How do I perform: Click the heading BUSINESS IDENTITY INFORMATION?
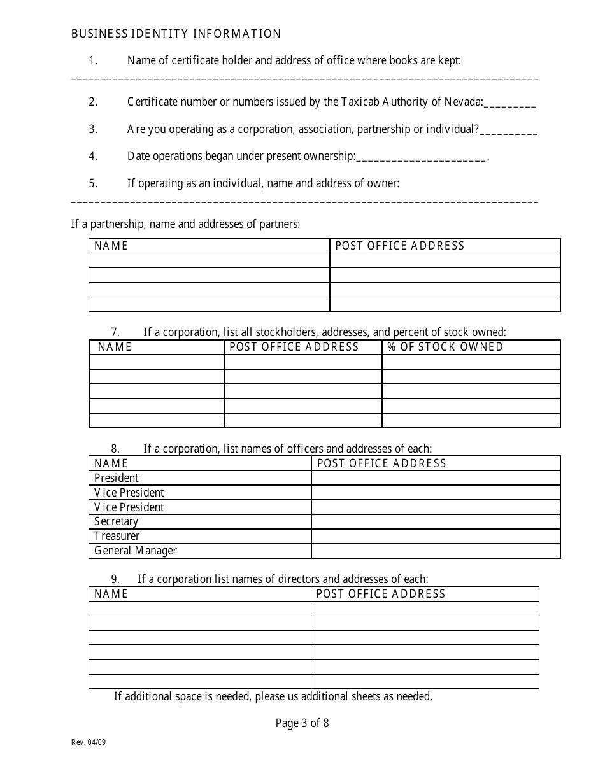pyautogui.click(x=176, y=34)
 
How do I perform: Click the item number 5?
pyautogui.click(x=93, y=183)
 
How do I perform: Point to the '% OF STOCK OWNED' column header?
pyautogui.click(x=445, y=347)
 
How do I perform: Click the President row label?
pyautogui.click(x=117, y=478)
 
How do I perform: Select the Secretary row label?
pyautogui.click(x=116, y=521)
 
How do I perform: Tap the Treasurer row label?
pyautogui.click(x=117, y=536)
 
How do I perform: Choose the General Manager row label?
pyautogui.click(x=135, y=551)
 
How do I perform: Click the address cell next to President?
pyautogui.click(x=436, y=478)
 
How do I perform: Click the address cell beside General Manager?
pyautogui.click(x=436, y=551)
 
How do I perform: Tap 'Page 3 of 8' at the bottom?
pyautogui.click(x=302, y=723)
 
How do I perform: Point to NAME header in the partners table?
pyautogui.click(x=111, y=246)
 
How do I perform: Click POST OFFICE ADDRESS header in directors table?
pyautogui.click(x=380, y=594)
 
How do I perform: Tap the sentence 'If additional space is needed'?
pyautogui.click(x=273, y=696)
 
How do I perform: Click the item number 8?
pyautogui.click(x=115, y=449)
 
